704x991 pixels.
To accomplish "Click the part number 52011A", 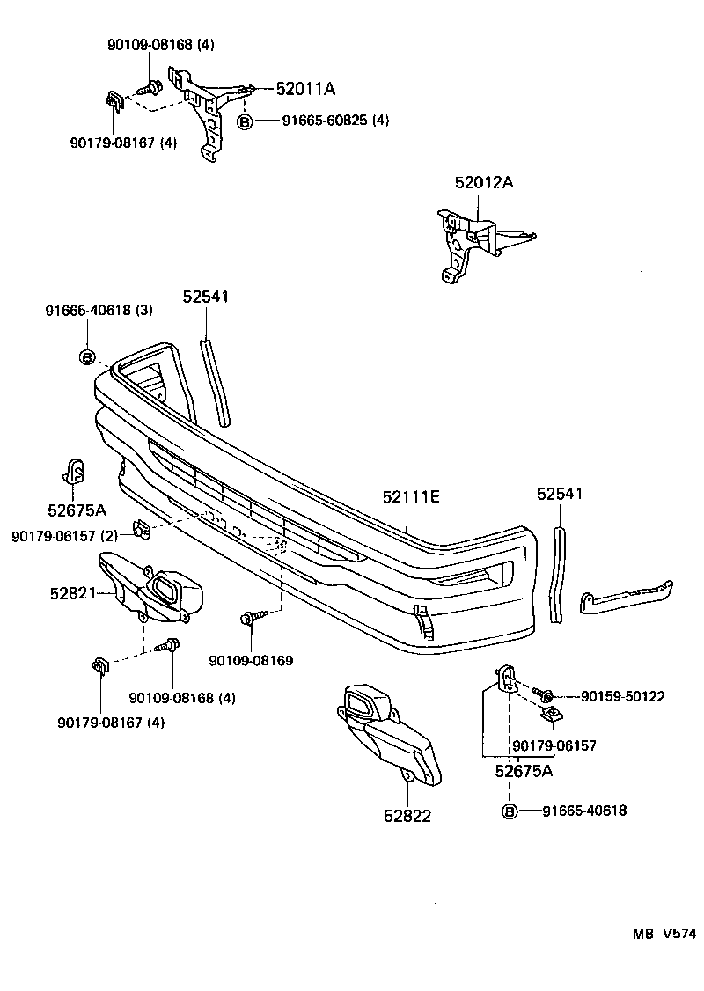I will coord(305,89).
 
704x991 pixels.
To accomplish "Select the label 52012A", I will coord(484,183).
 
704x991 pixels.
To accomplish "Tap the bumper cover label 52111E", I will coord(411,497).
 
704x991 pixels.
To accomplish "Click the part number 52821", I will coord(72,594).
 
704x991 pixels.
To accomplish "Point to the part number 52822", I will coord(407,816).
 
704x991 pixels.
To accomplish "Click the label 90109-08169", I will coord(251,660).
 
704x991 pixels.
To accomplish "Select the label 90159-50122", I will coord(622,696).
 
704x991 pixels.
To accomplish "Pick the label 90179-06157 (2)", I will coord(64,536).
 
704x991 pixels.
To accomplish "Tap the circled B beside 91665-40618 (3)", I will coord(87,356).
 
